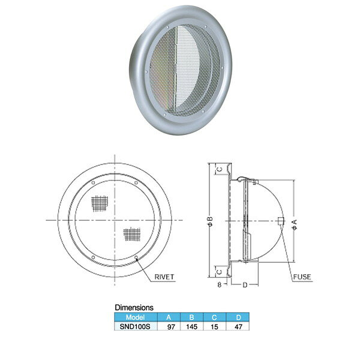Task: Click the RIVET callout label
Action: point(164,277)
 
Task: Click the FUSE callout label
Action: point(302,277)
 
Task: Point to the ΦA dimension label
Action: point(295,224)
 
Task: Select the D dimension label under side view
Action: point(245,285)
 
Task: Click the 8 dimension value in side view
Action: point(220,284)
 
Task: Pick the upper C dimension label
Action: point(220,170)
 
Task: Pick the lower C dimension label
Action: point(220,272)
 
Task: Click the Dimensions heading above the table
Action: point(134,307)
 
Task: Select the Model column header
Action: point(135,317)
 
